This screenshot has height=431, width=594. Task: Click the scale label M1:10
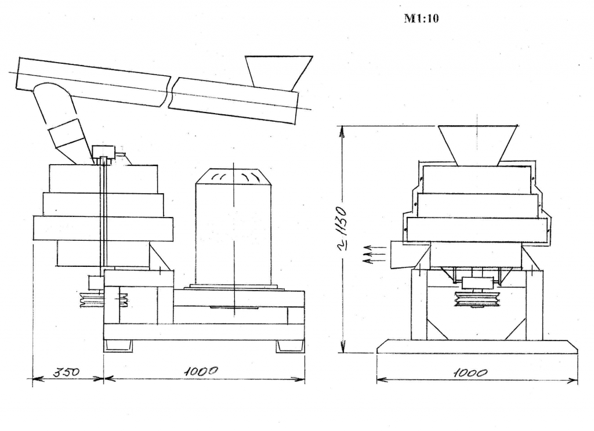(421, 18)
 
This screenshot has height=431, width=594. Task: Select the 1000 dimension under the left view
(201, 371)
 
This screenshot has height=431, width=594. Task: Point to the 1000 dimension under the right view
(470, 373)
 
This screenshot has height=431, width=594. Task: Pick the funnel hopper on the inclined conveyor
(278, 73)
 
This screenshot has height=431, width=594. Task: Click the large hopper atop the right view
(478, 146)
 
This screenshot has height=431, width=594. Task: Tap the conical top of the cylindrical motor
(233, 177)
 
